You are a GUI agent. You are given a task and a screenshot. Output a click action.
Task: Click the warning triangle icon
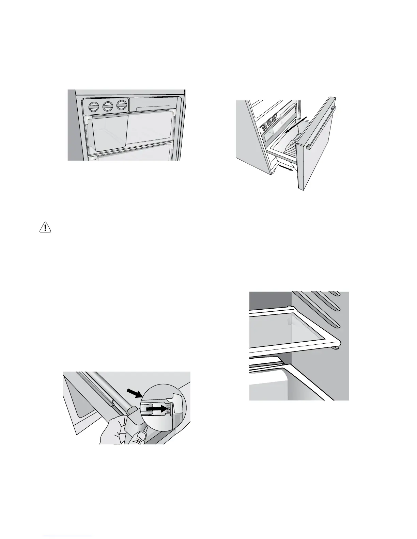45,227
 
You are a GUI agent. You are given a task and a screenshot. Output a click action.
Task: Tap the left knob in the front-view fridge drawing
93,107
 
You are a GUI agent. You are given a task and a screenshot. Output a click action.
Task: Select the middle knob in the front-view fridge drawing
108,106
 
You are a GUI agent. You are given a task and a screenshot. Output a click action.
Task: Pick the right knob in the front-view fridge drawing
122,105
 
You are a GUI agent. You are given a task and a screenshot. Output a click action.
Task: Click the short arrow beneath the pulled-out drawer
286,169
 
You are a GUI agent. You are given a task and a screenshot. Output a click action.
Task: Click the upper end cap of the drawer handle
333,109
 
